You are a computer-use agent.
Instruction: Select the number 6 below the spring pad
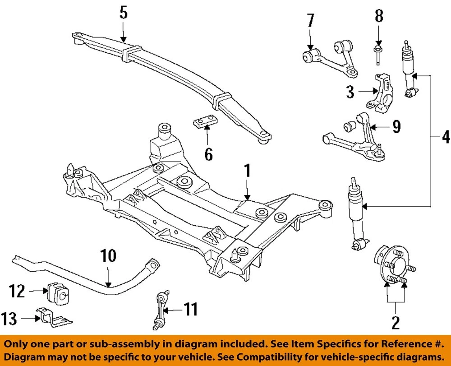208,155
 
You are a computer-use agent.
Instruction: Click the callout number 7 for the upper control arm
310,22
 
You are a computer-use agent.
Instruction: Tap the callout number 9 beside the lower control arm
396,127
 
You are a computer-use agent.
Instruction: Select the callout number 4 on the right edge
445,136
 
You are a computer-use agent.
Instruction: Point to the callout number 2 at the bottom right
396,324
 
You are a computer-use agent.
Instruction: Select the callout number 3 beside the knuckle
350,93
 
